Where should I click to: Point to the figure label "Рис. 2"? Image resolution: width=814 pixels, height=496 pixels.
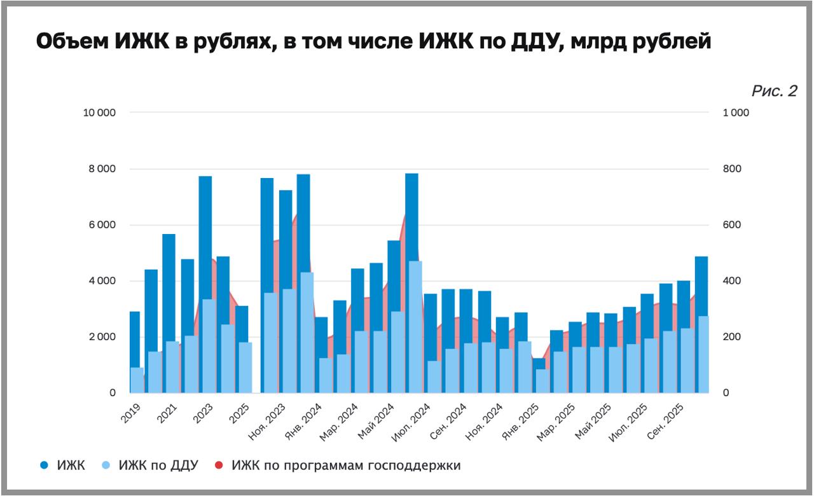(x=774, y=92)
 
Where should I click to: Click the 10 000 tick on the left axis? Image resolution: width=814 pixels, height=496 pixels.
(x=99, y=113)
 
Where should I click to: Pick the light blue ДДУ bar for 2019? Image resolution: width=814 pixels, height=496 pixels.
(x=137, y=380)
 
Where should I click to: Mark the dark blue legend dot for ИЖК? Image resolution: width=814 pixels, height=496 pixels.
(x=44, y=465)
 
